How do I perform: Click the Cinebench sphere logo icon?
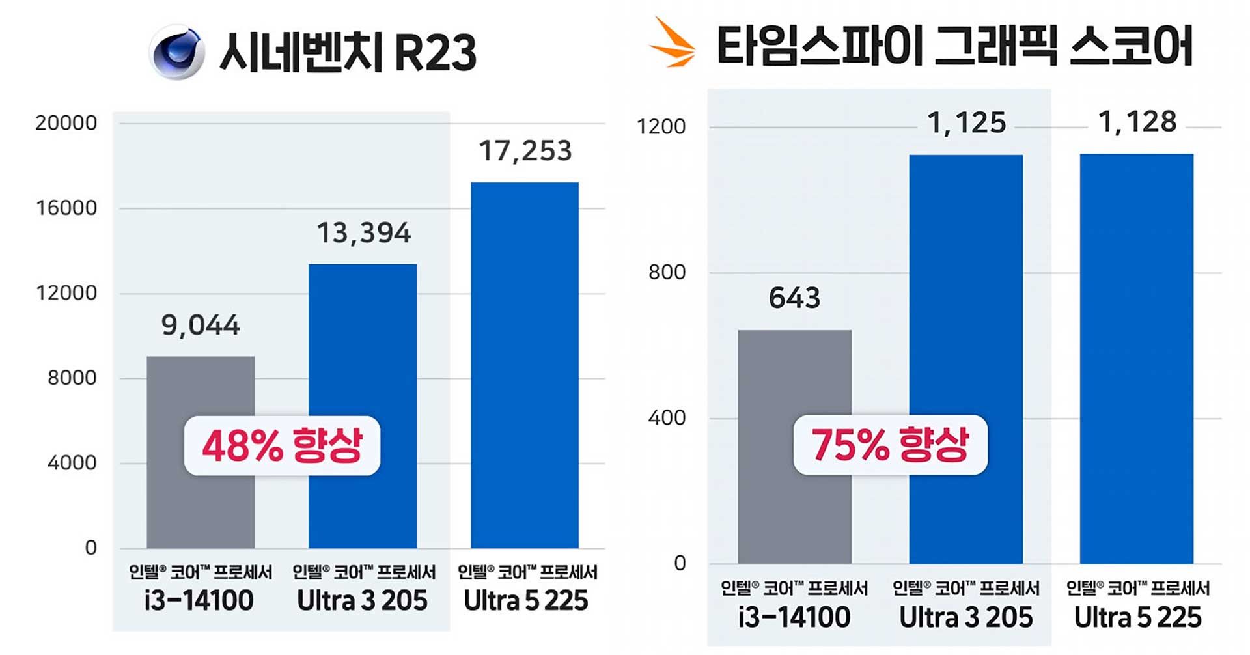(176, 52)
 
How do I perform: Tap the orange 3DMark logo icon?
(673, 44)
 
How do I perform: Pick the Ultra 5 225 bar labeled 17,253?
(525, 365)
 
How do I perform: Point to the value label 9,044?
(201, 325)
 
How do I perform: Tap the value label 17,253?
(525, 151)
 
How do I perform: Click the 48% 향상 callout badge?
(282, 446)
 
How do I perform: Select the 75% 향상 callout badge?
(890, 445)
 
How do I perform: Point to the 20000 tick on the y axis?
(66, 123)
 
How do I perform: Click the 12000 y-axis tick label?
(66, 293)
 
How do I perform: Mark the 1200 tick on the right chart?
(661, 126)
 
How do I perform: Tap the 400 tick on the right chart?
(667, 417)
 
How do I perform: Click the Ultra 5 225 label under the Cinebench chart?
(526, 600)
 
